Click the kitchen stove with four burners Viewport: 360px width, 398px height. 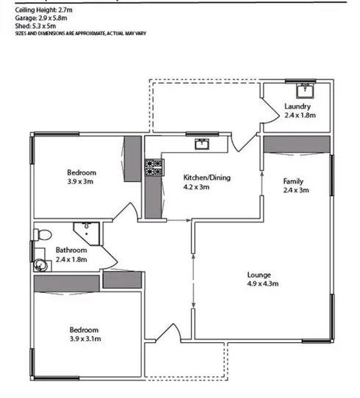[154, 168]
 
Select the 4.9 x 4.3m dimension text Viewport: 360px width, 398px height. [261, 283]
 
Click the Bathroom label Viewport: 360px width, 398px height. [71, 250]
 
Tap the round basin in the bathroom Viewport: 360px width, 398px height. [40, 265]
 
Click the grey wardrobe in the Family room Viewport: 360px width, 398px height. [296, 142]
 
